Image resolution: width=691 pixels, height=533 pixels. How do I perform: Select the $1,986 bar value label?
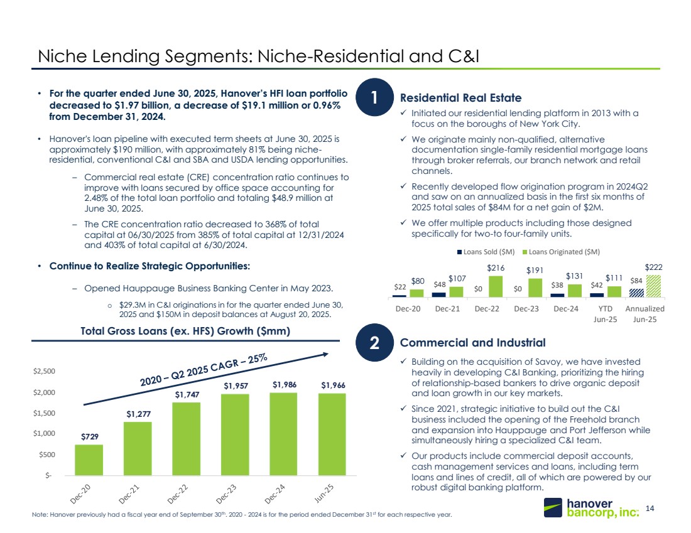pyautogui.click(x=283, y=384)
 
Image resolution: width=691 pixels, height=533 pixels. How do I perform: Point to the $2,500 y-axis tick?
pyautogui.click(x=44, y=371)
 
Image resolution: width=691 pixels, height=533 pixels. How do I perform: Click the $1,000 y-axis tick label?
pyautogui.click(x=44, y=433)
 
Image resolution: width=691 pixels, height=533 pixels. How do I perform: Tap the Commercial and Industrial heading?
pyautogui.click(x=472, y=343)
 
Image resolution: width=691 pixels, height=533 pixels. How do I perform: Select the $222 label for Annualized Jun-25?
pyautogui.click(x=653, y=267)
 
